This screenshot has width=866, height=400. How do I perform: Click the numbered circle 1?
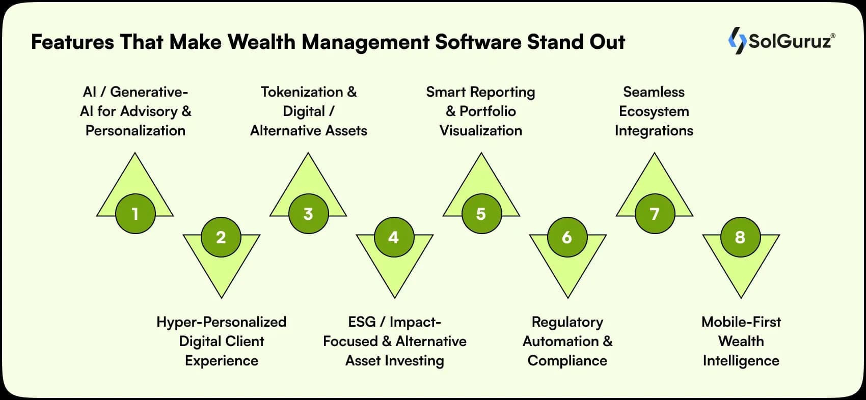click(135, 214)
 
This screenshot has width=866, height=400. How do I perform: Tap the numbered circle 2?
click(221, 237)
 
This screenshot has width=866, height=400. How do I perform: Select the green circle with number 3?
click(308, 214)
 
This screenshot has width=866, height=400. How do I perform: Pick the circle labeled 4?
click(394, 237)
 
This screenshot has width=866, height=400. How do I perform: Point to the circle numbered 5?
click(481, 214)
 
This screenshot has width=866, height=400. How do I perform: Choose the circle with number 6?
click(567, 237)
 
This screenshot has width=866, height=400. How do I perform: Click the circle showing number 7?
click(655, 214)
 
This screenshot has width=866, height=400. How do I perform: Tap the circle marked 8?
click(740, 237)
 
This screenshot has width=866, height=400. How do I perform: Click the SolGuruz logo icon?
click(736, 40)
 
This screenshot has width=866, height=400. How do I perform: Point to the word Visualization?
click(481, 131)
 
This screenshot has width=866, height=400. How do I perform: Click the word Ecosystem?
click(654, 111)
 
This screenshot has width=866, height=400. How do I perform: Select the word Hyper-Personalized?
click(221, 322)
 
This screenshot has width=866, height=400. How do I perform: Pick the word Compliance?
click(567, 361)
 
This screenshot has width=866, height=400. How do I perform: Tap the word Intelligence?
click(741, 361)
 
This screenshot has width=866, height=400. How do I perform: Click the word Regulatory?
click(567, 322)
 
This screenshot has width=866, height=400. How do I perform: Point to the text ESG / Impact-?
click(394, 322)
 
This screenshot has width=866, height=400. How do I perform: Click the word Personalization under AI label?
click(135, 131)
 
